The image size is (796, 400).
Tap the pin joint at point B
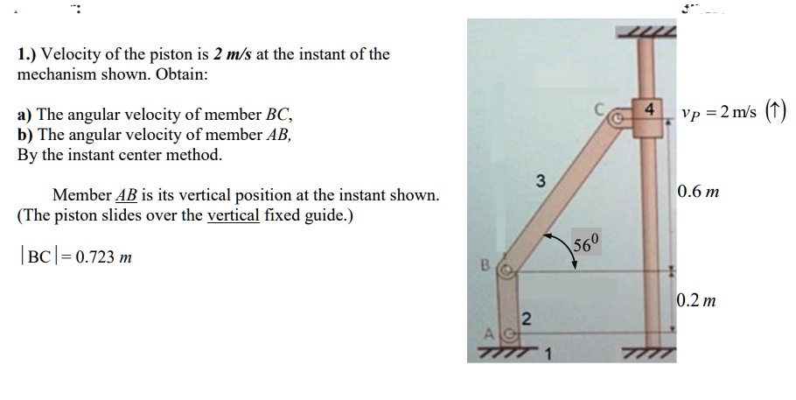(503, 272)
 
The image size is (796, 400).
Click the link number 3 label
(541, 181)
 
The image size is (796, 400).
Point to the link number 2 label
(526, 317)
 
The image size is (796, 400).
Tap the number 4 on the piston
(648, 110)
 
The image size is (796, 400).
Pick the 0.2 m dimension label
(697, 301)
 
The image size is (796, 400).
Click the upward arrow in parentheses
(776, 111)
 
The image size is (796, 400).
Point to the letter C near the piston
(599, 109)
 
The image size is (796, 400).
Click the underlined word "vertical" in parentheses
(233, 214)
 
